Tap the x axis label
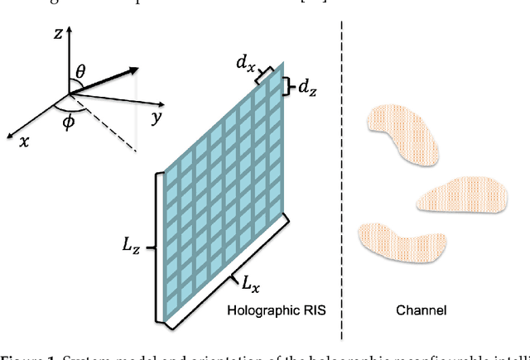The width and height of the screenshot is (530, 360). pos(24,141)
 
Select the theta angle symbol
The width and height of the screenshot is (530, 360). pos(80,73)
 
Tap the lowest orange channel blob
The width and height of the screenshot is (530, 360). pos(401,240)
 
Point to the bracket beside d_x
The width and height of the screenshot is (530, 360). pos(264,74)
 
